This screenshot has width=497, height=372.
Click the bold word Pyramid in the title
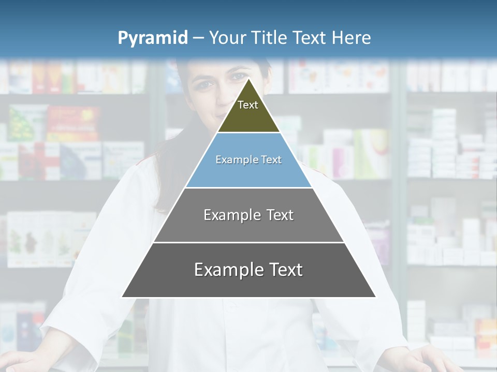pos(152,38)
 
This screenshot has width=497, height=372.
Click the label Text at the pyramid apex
pos(248,105)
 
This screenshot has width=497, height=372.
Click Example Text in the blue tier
pos(248,160)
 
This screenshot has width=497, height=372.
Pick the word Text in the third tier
pos(280,215)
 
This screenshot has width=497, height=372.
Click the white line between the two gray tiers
pos(248,242)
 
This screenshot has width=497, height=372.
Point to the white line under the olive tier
pos(248,133)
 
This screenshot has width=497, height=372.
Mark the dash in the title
pos(198,38)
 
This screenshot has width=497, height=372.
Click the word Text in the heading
pos(309,38)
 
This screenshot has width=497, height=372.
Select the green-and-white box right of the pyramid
pos(371,147)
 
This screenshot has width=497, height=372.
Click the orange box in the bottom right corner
pos(486,331)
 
